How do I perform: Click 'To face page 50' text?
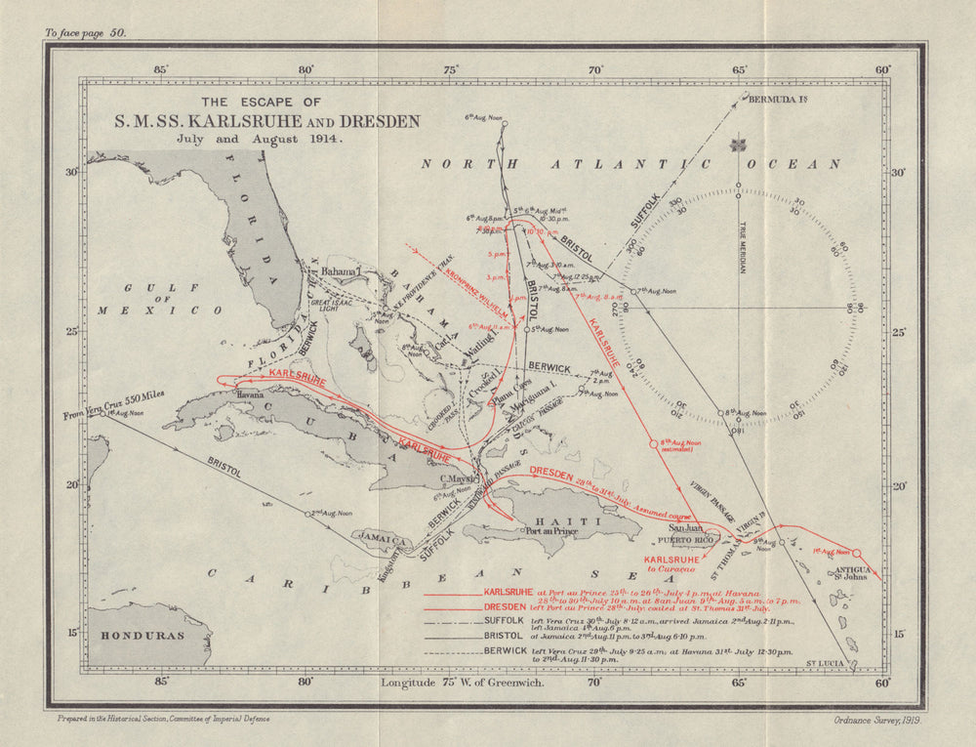[86, 32]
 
